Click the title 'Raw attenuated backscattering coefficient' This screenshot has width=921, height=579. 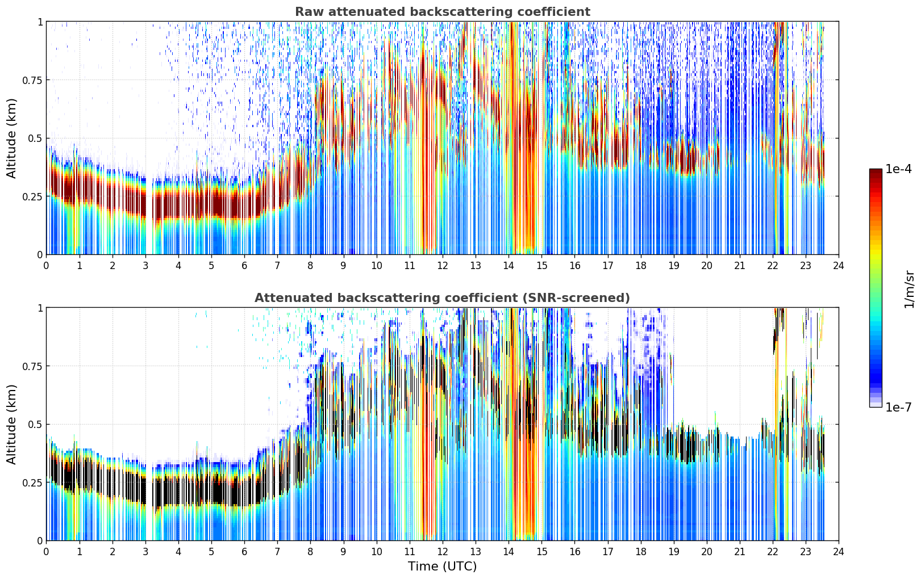tap(443, 12)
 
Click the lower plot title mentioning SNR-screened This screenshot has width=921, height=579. tap(443, 297)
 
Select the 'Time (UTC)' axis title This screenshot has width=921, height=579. tap(443, 567)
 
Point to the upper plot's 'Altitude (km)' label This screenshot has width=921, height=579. tap(11, 139)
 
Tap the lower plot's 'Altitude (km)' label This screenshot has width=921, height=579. tap(11, 424)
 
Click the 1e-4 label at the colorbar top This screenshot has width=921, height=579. tap(898, 169)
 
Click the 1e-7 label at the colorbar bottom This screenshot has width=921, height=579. tap(898, 408)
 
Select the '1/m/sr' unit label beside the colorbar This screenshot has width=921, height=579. tap(909, 289)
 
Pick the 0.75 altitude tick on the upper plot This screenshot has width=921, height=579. tap(32, 80)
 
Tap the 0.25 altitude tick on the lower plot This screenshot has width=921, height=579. tap(32, 482)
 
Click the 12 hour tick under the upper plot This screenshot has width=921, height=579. tap(443, 265)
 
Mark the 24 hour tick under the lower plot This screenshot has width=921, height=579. tap(839, 551)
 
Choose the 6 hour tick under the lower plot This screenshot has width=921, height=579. tap(244, 551)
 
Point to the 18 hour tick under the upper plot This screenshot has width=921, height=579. tap(640, 265)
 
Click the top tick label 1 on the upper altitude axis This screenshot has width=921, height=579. tap(40, 22)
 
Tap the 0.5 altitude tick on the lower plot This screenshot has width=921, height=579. tap(35, 424)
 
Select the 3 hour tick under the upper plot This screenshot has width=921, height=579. tap(145, 265)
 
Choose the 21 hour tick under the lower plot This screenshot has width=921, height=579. tap(740, 551)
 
